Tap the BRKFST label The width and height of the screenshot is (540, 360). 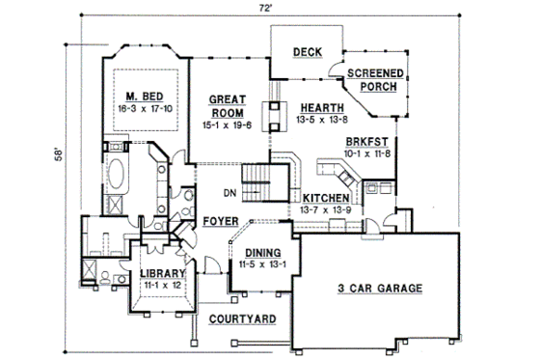coord(366,141)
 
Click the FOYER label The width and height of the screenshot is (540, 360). coord(222,221)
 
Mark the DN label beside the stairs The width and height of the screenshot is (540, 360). coord(229,193)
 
